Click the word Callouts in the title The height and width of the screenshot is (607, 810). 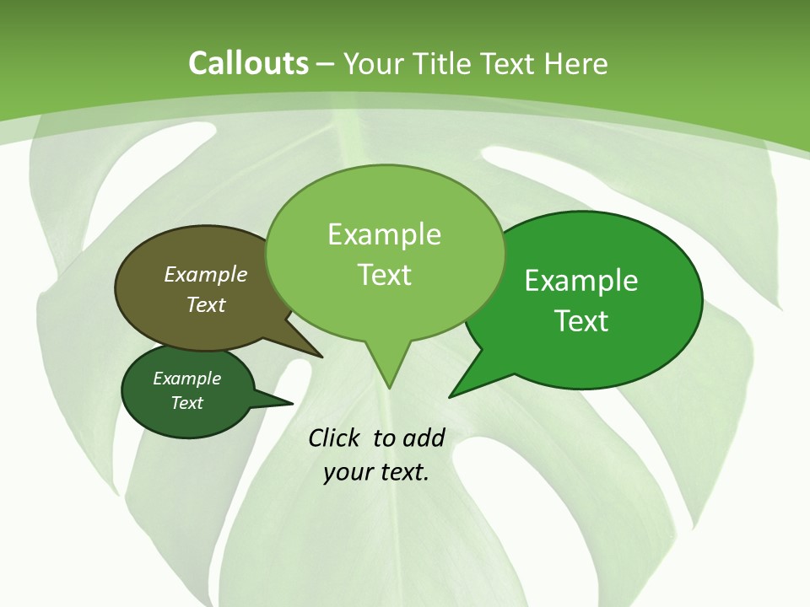[248, 63]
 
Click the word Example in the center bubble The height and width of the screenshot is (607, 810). [385, 234]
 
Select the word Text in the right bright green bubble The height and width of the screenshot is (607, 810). [581, 321]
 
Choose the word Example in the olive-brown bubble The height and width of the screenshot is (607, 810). [206, 274]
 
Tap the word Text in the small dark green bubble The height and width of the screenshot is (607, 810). [187, 403]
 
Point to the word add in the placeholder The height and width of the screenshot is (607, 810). [423, 438]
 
